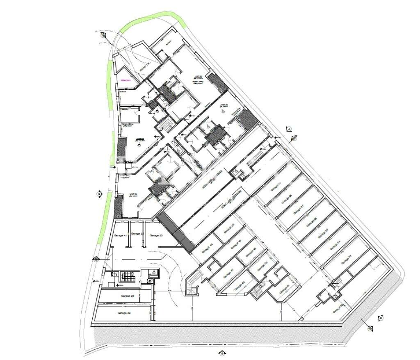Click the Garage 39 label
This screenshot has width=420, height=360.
(123, 313)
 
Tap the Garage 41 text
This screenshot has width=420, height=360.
(120, 235)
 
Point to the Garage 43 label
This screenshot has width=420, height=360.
(156, 235)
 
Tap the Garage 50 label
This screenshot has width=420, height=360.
(260, 267)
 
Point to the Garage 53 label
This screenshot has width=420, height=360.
(347, 259)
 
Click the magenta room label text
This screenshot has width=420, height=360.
(125, 80)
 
